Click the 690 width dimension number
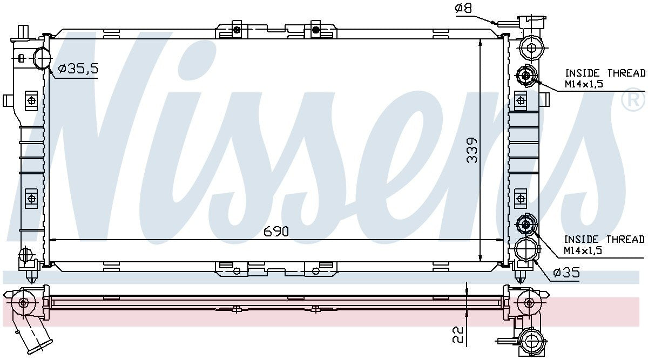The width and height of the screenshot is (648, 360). (276, 232)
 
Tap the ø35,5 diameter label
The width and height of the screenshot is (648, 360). (77, 69)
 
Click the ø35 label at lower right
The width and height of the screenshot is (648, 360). (565, 274)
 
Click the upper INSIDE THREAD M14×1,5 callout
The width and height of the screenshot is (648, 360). (605, 78)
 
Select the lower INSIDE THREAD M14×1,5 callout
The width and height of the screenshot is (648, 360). (604, 244)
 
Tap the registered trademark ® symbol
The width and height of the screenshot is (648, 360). (634, 101)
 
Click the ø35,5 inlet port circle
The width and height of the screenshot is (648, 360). (42, 58)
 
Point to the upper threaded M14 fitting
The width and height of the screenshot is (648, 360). (526, 76)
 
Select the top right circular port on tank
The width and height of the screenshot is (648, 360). (531, 48)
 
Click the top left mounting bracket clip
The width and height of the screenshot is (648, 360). (236, 29)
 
